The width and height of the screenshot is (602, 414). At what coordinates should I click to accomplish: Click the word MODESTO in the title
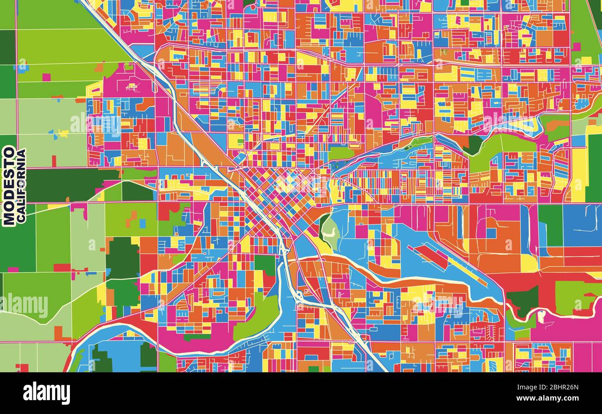tap(9, 186)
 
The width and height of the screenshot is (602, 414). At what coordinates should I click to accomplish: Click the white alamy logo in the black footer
tap(46, 393)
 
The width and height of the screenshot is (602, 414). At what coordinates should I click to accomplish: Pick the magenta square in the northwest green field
tap(46, 77)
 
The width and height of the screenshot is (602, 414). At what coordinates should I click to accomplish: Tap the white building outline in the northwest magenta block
tap(132, 87)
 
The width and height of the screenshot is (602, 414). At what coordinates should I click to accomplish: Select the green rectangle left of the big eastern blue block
tap(550, 225)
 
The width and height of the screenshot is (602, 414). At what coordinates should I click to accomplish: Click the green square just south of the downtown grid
tap(265, 264)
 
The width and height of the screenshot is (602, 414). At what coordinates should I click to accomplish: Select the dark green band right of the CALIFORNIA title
tap(74, 185)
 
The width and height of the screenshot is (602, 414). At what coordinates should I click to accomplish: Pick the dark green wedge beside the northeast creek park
tap(473, 145)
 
